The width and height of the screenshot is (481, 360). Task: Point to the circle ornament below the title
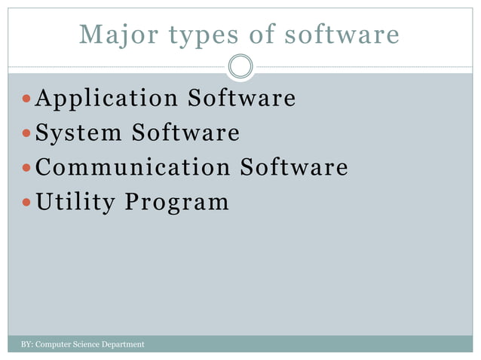coord(240,66)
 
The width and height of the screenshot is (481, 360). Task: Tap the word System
coord(78,133)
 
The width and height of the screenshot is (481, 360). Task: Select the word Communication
coord(133,167)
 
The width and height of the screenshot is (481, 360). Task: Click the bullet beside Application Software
coord(27,99)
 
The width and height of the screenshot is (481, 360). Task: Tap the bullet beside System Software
coord(27,134)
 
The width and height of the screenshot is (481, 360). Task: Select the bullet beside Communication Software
coord(27,168)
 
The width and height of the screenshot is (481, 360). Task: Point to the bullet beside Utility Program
coord(27,203)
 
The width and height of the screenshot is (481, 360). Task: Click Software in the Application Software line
coord(242,99)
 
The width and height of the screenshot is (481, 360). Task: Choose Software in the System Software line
coord(186,133)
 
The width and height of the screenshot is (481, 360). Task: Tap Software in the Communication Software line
coord(294,167)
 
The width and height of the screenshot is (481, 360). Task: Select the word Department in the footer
coord(121,345)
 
